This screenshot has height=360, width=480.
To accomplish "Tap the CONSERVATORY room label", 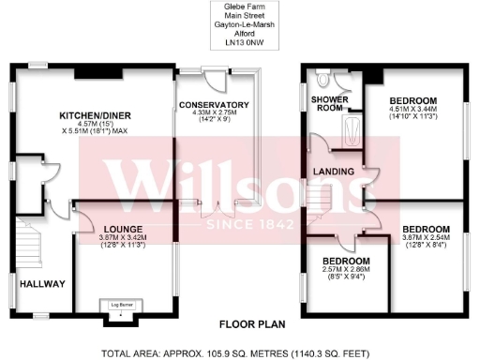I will point(214,104).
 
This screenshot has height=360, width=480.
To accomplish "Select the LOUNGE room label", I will point(122,228).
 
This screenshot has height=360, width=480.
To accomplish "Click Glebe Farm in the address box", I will point(240,8).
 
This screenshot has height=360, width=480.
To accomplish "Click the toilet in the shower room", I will point(322,79).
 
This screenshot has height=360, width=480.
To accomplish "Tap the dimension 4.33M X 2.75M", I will point(214,113).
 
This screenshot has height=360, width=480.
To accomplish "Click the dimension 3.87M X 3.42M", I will point(122,238).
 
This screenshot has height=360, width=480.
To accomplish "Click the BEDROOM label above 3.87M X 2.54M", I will point(426,229).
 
